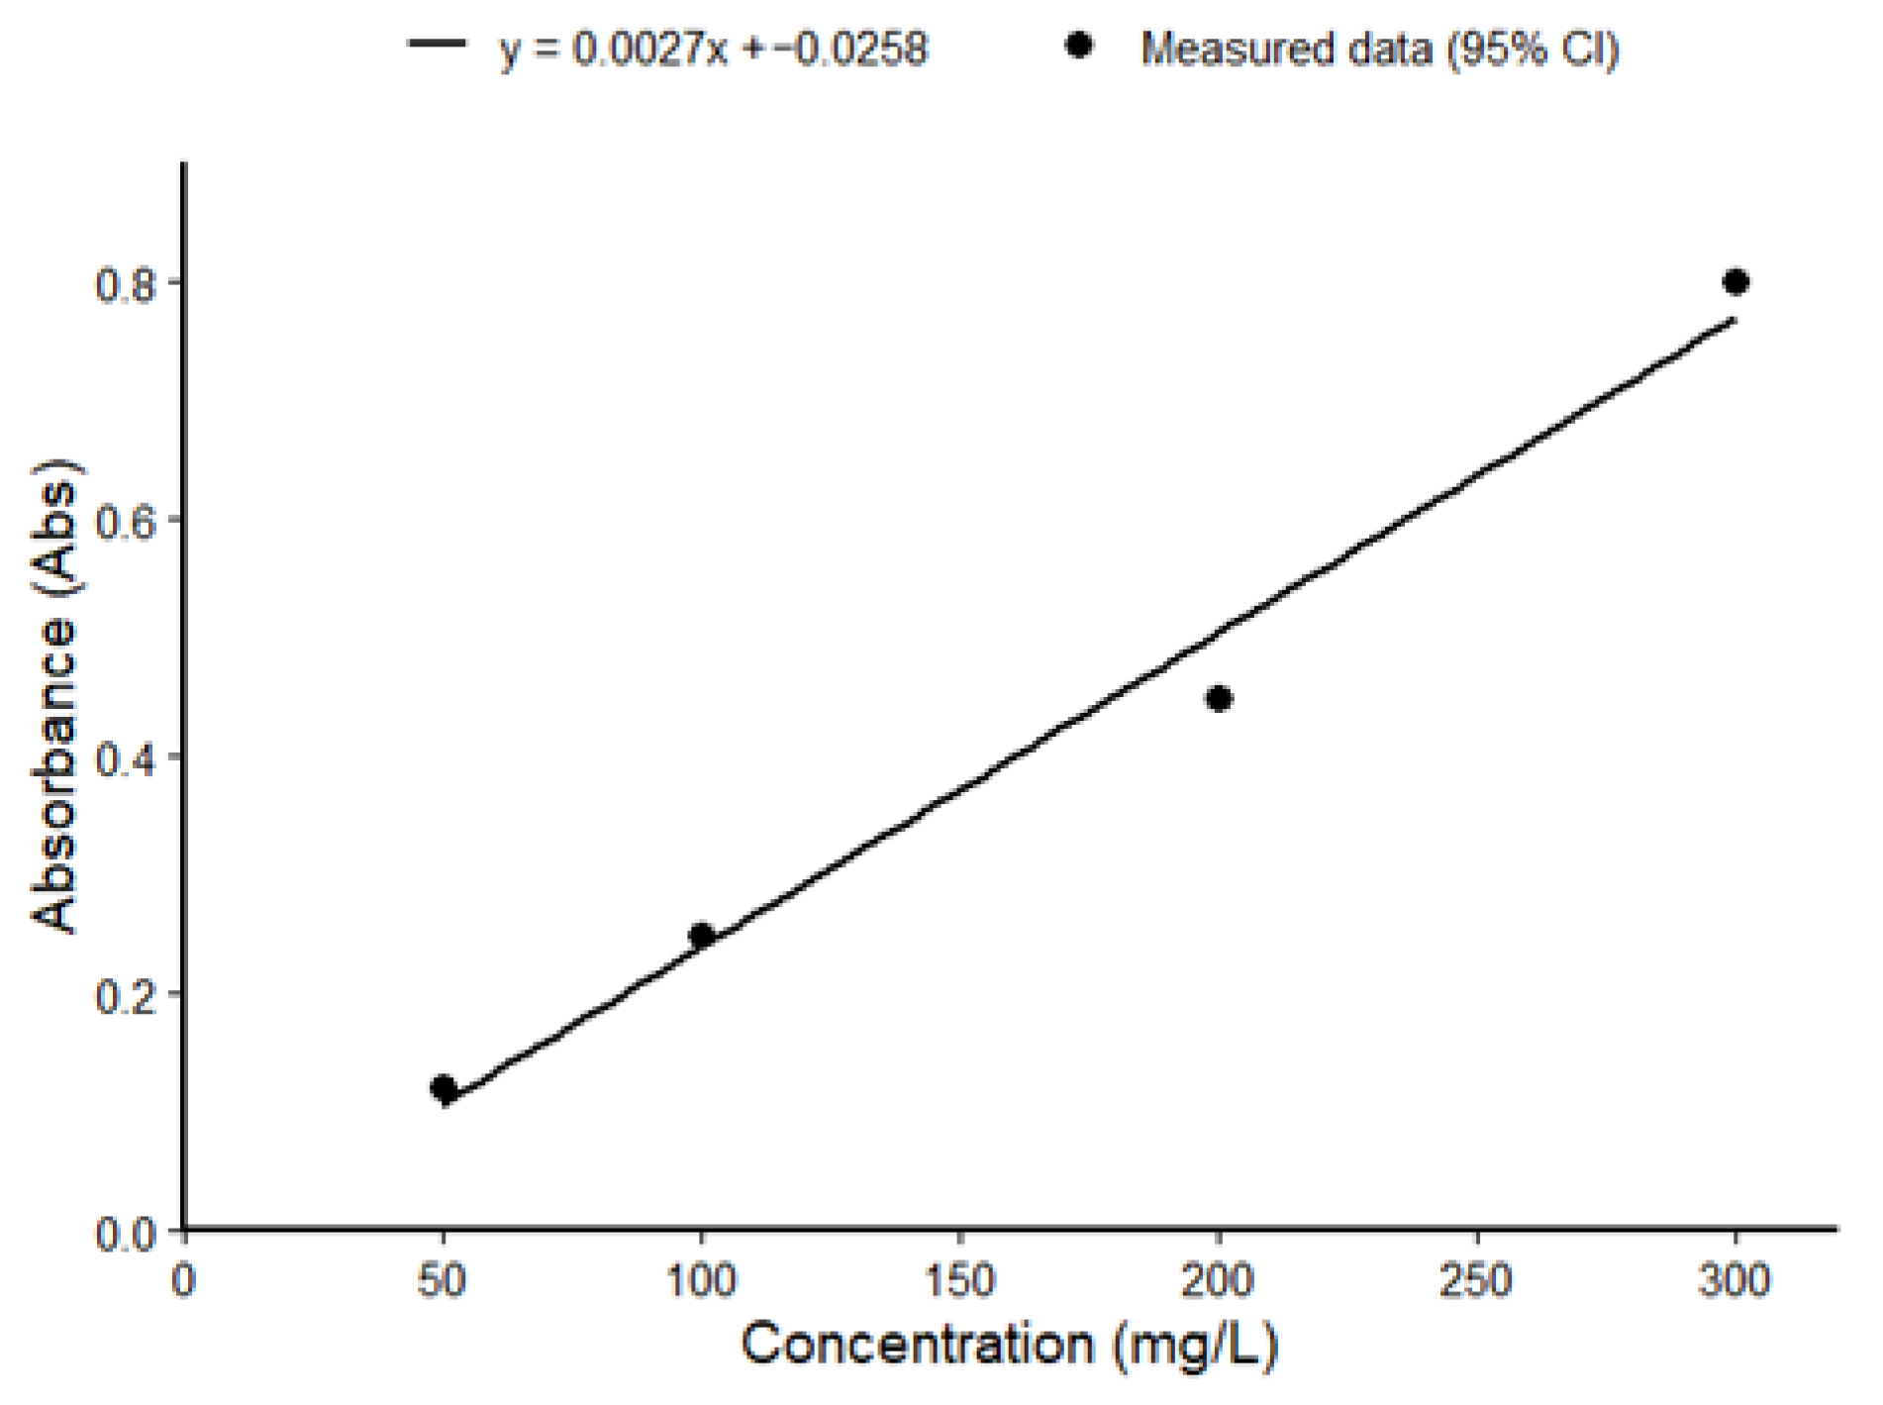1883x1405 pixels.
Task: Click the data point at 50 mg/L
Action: tap(444, 1088)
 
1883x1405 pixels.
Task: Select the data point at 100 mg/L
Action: tap(702, 935)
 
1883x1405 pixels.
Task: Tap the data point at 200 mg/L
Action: tap(1220, 699)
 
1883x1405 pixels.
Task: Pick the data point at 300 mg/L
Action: tap(1735, 282)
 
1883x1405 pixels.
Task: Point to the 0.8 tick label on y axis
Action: tap(125, 284)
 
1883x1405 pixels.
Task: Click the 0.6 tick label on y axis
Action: tap(125, 521)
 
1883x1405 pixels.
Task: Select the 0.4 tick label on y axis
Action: tap(125, 757)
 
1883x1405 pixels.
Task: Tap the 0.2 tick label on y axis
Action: tap(125, 994)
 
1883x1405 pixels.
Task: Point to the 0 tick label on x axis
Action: tap(184, 1281)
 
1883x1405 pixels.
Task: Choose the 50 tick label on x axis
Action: tap(443, 1281)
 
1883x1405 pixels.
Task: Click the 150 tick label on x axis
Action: tap(960, 1281)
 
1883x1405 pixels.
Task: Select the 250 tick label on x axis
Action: tap(1477, 1281)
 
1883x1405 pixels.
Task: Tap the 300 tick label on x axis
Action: tap(1735, 1281)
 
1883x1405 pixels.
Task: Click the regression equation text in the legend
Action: tap(714, 48)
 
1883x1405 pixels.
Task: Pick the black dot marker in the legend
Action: tap(1079, 45)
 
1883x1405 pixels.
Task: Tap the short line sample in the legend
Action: tap(437, 45)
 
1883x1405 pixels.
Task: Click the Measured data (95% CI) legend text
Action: tap(1380, 48)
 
